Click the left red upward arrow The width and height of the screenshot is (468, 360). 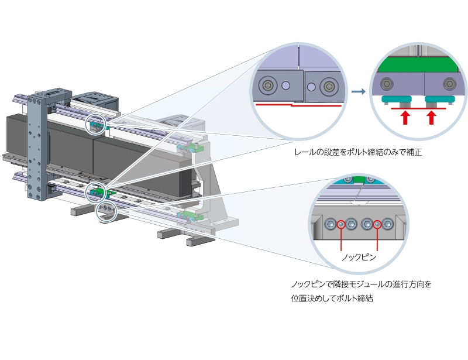click(x=404, y=118)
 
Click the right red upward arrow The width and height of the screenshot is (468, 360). click(x=432, y=118)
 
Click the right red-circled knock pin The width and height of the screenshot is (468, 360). click(x=377, y=224)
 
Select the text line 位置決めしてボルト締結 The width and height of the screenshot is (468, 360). click(x=332, y=298)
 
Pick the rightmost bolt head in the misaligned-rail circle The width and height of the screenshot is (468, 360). click(x=329, y=87)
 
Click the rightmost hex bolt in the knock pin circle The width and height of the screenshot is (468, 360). click(x=387, y=224)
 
